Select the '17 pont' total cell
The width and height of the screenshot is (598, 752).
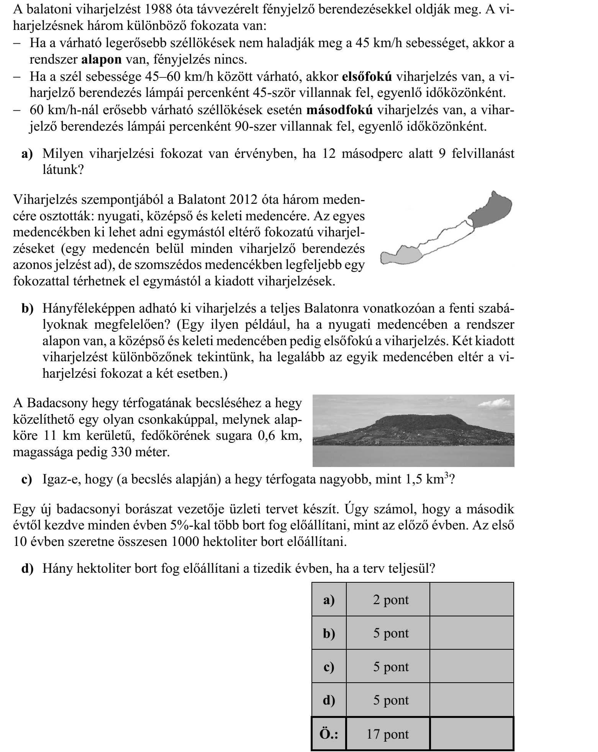pyautogui.click(x=388, y=734)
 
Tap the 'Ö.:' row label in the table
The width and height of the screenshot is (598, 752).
pyautogui.click(x=329, y=734)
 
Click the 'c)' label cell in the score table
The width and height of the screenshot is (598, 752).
pyautogui.click(x=329, y=667)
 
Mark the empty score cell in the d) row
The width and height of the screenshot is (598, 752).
pyautogui.click(x=472, y=700)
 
